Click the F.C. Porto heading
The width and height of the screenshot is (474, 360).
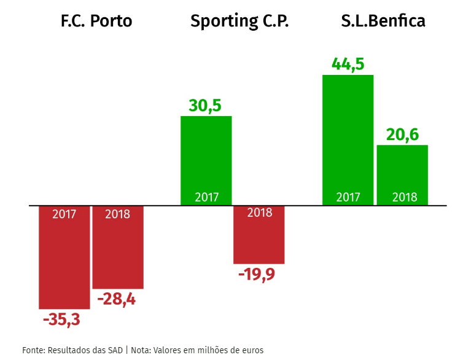click(x=96, y=22)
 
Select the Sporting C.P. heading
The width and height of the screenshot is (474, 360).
click(x=239, y=22)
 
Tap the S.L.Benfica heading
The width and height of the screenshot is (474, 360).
click(x=383, y=22)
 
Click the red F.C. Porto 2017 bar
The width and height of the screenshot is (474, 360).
click(x=64, y=264)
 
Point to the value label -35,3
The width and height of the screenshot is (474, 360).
click(x=61, y=320)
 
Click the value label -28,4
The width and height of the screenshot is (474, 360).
click(x=117, y=300)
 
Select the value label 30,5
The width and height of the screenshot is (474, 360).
click(x=205, y=105)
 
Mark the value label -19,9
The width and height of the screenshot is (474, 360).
click(x=257, y=274)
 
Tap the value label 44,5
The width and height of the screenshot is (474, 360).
click(x=348, y=64)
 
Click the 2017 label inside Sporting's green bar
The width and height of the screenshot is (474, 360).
click(x=207, y=197)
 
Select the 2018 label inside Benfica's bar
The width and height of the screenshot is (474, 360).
click(x=405, y=197)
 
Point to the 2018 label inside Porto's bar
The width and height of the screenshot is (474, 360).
click(x=118, y=214)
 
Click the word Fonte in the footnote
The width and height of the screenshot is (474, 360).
click(x=34, y=350)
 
